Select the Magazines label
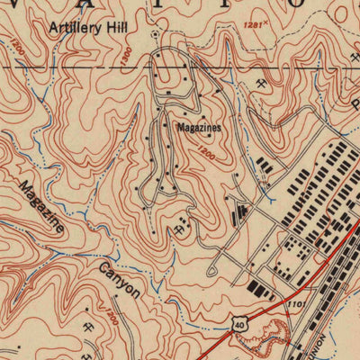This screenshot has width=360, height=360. (198, 128)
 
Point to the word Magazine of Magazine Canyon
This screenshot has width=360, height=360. (41, 207)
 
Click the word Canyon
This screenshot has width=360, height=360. (120, 280)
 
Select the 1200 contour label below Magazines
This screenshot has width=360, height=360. (206, 154)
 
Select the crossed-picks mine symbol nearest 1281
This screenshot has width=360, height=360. (259, 83)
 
